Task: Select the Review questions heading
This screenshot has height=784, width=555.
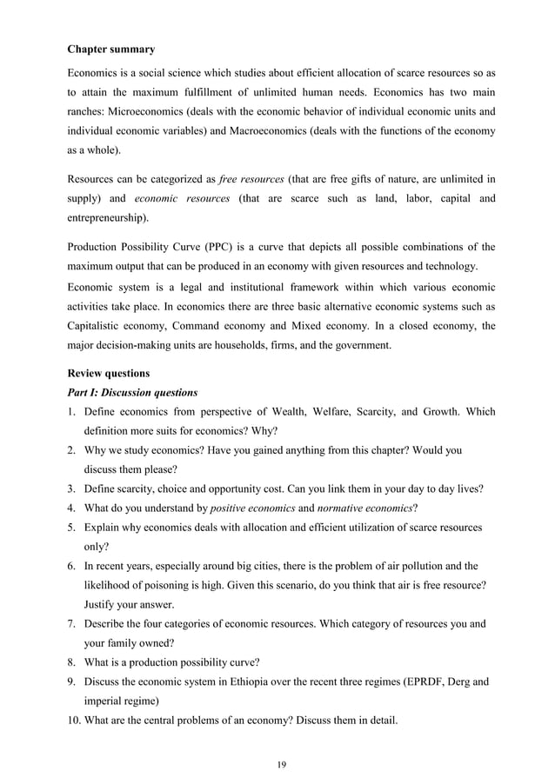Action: click(112, 373)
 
